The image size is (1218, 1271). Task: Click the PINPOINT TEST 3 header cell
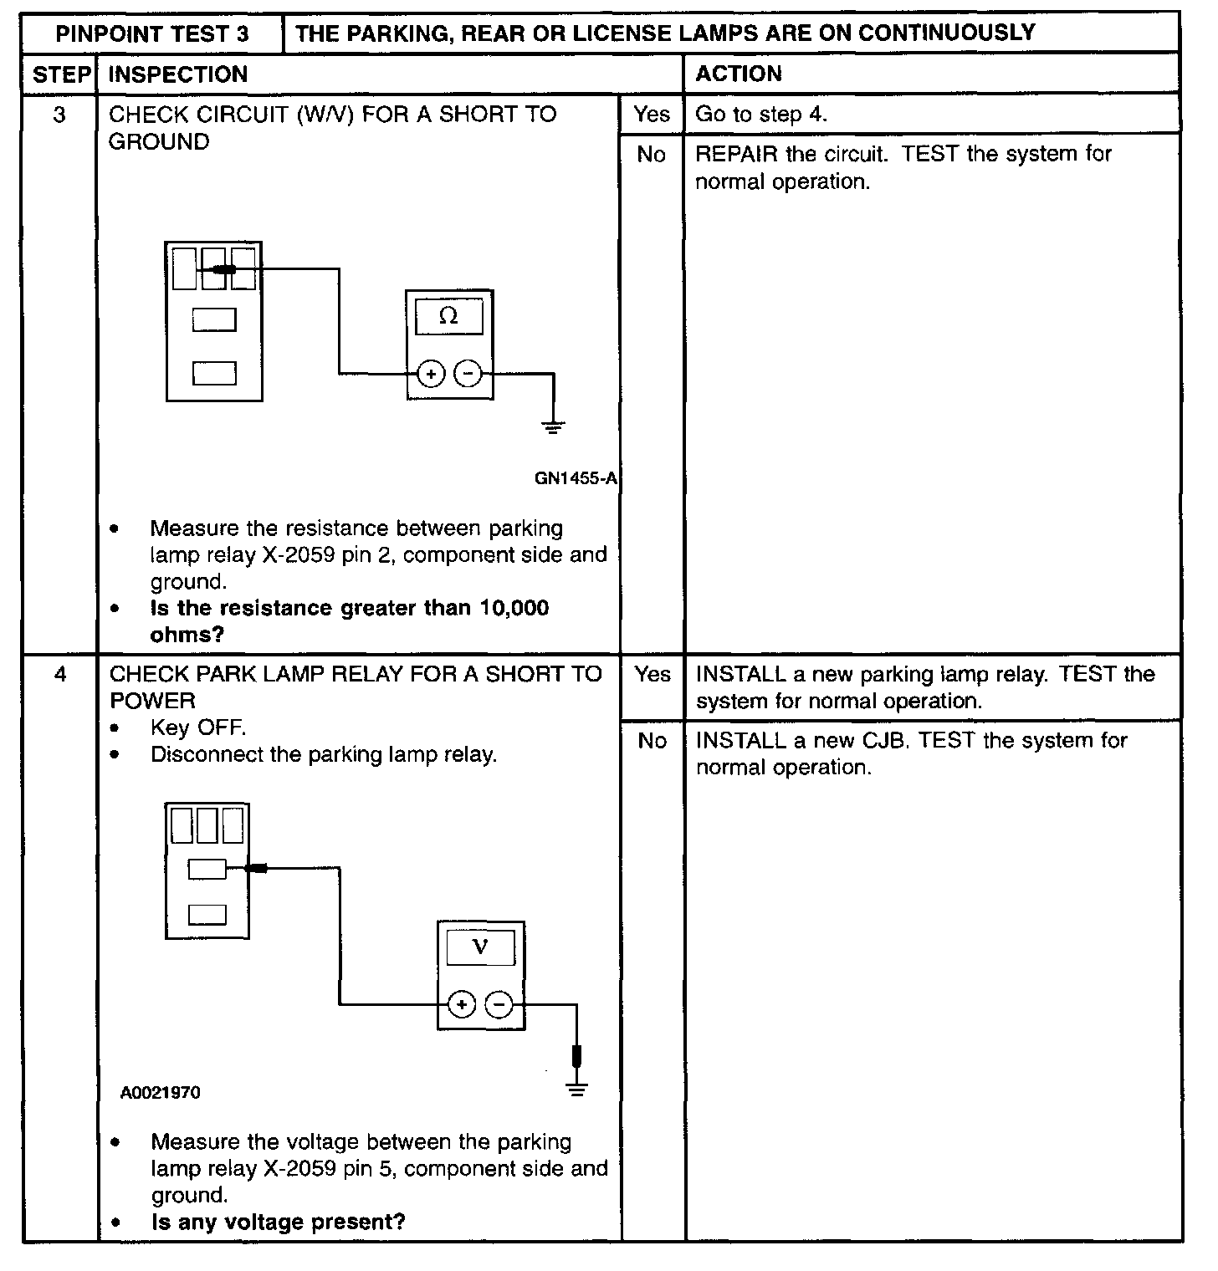(x=152, y=34)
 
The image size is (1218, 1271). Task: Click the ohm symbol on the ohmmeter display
(x=448, y=316)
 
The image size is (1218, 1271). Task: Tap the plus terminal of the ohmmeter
(x=430, y=374)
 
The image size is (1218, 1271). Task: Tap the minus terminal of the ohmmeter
(x=468, y=374)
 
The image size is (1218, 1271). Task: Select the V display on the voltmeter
(x=480, y=947)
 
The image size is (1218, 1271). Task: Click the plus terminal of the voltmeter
(x=462, y=1004)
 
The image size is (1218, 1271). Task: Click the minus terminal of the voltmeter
(x=499, y=1004)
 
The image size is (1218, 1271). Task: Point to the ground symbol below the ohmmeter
(x=553, y=428)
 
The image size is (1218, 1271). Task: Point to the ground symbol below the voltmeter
(x=576, y=1089)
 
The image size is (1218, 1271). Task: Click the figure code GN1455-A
(x=576, y=478)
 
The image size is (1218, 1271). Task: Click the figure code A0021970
(x=161, y=1093)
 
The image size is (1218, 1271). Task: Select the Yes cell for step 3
(x=652, y=114)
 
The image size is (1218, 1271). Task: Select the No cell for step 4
(x=652, y=741)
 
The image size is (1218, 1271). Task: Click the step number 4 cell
(x=60, y=674)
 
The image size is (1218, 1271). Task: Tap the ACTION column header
(x=739, y=74)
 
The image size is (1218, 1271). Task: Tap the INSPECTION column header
(x=178, y=74)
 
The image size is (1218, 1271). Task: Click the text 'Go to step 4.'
(x=761, y=114)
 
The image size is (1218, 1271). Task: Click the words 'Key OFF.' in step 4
(x=198, y=727)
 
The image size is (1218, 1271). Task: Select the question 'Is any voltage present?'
(x=278, y=1222)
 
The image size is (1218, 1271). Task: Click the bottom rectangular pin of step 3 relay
(x=214, y=373)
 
